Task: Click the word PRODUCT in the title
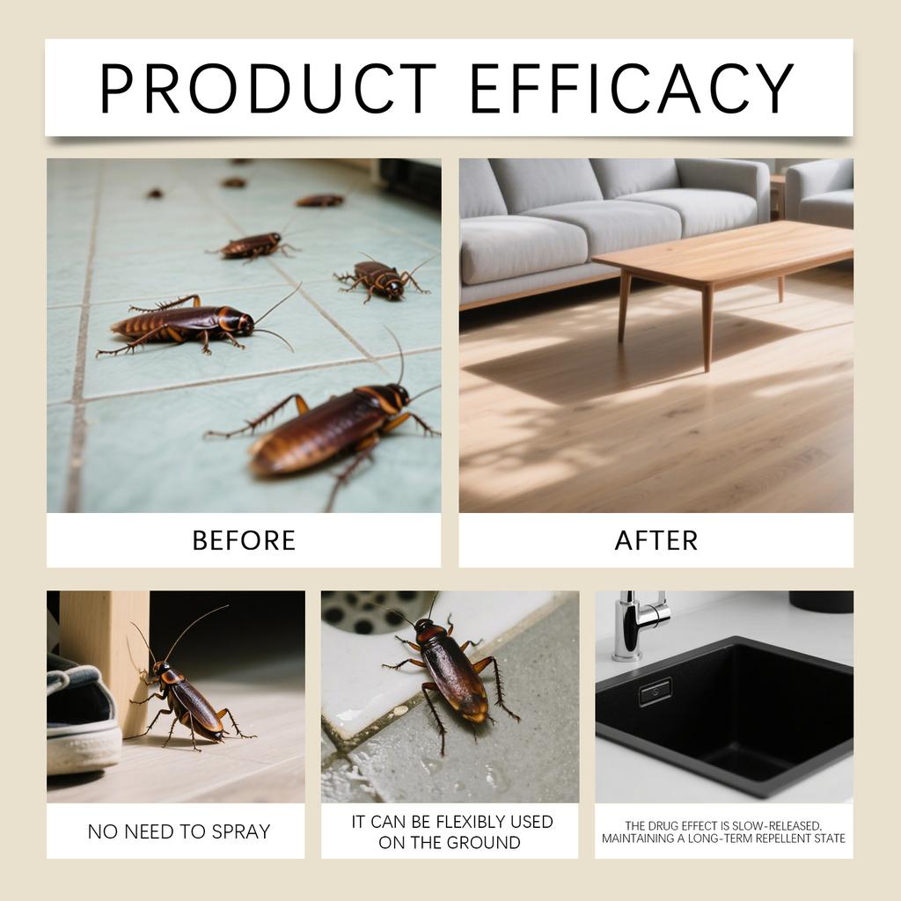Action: click(x=268, y=88)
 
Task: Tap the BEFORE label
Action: click(x=244, y=540)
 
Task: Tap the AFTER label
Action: click(x=656, y=540)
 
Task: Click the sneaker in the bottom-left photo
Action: click(x=81, y=722)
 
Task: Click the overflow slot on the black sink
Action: click(x=656, y=692)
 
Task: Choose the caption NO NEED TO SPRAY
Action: click(x=179, y=831)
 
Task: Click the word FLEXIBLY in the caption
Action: click(x=476, y=822)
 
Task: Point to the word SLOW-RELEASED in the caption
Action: click(x=777, y=825)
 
